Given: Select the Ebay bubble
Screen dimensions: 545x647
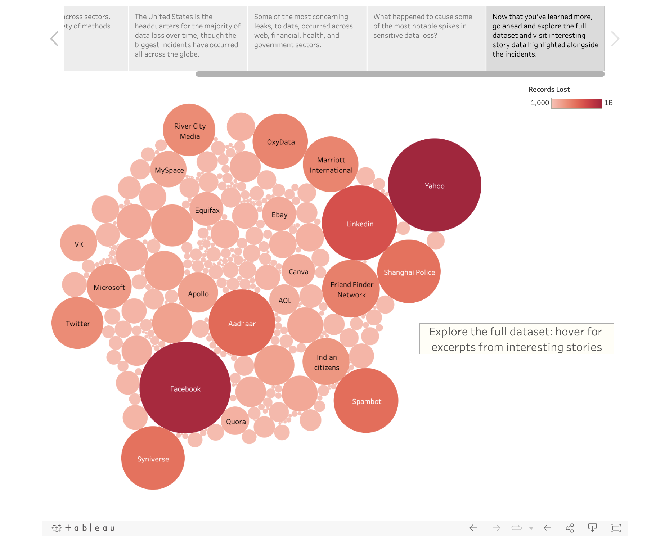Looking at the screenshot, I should pos(279,214).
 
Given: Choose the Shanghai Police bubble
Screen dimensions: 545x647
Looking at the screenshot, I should pos(409,272).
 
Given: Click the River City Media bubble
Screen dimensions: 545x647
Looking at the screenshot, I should pos(189,130).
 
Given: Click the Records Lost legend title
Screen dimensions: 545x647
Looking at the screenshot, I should pos(549,89).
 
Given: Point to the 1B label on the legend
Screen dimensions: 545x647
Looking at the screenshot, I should pos(608,103).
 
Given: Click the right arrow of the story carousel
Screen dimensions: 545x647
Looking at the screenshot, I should pos(615,39).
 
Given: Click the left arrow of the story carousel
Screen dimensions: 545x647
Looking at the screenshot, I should pos(54,39).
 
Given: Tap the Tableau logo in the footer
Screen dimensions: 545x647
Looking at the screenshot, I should pos(84,528).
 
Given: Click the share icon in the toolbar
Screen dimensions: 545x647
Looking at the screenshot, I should pos(570,528).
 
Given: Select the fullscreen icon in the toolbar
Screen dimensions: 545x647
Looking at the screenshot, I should pos(616,528).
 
